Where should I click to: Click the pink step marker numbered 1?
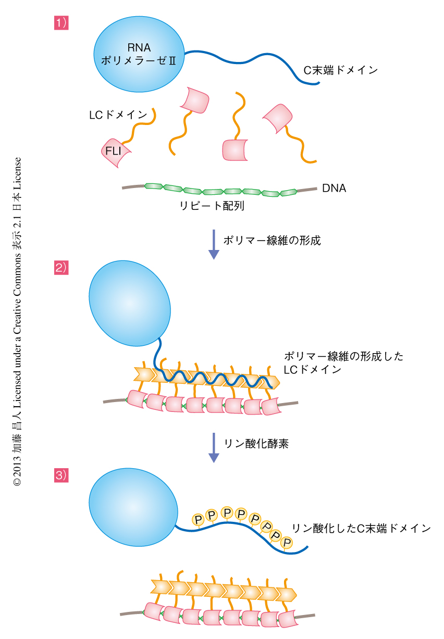[x=61, y=23]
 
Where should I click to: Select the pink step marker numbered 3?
[x=61, y=474]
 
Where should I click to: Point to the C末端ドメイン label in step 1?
[x=341, y=70]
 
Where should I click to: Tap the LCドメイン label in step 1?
[x=118, y=115]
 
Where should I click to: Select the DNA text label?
[x=334, y=188]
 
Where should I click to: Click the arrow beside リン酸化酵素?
[x=214, y=447]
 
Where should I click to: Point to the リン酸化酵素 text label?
[x=256, y=444]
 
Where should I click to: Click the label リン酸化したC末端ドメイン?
[x=361, y=528]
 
